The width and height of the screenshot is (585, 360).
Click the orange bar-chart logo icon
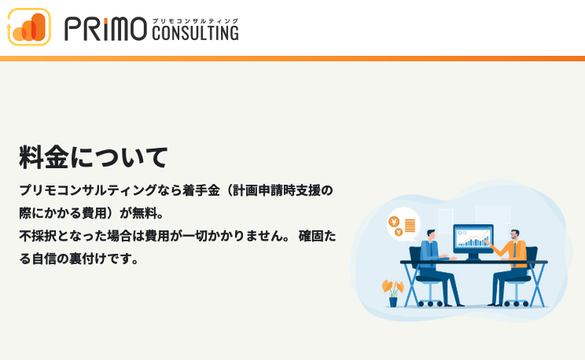pos(29,27)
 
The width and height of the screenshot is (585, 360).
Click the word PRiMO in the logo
pos(105,29)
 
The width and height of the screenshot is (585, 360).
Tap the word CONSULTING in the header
pos(195,33)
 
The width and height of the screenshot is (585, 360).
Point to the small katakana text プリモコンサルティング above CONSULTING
pos(195,21)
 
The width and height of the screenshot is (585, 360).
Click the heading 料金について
pos(94,157)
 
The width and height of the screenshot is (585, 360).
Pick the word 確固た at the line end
pos(318,236)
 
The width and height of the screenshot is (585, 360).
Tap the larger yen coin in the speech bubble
pos(394,222)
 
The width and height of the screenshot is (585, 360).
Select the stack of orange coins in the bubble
pos(410,226)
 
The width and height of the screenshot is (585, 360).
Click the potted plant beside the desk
pos(393,293)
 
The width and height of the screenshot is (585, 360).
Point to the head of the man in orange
pos(515,235)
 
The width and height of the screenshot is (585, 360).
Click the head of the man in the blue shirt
pos(431,235)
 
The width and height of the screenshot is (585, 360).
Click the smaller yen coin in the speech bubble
pos(399,232)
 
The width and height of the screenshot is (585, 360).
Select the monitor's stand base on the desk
pos(473,257)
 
